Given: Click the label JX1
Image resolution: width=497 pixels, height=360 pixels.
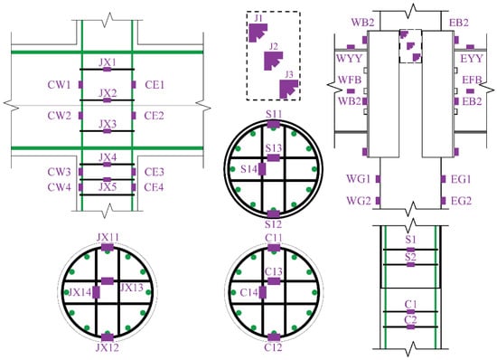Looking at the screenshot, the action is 108,62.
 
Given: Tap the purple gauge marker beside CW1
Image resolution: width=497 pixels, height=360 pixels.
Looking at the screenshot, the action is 80,85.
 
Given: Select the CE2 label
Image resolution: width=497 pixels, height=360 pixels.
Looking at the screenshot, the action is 154,116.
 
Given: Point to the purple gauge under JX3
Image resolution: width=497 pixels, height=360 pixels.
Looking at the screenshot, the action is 108,131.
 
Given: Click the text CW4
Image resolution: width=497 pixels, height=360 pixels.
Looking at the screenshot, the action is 60,187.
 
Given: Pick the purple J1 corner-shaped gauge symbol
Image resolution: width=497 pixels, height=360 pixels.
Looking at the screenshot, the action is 258,33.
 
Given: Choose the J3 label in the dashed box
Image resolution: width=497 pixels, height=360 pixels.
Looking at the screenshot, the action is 289,75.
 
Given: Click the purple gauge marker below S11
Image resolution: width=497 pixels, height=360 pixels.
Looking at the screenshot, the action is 274,124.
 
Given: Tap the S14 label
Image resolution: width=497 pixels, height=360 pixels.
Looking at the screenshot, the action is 248,169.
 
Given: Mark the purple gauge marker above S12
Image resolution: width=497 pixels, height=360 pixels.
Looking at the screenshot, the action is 274,213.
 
